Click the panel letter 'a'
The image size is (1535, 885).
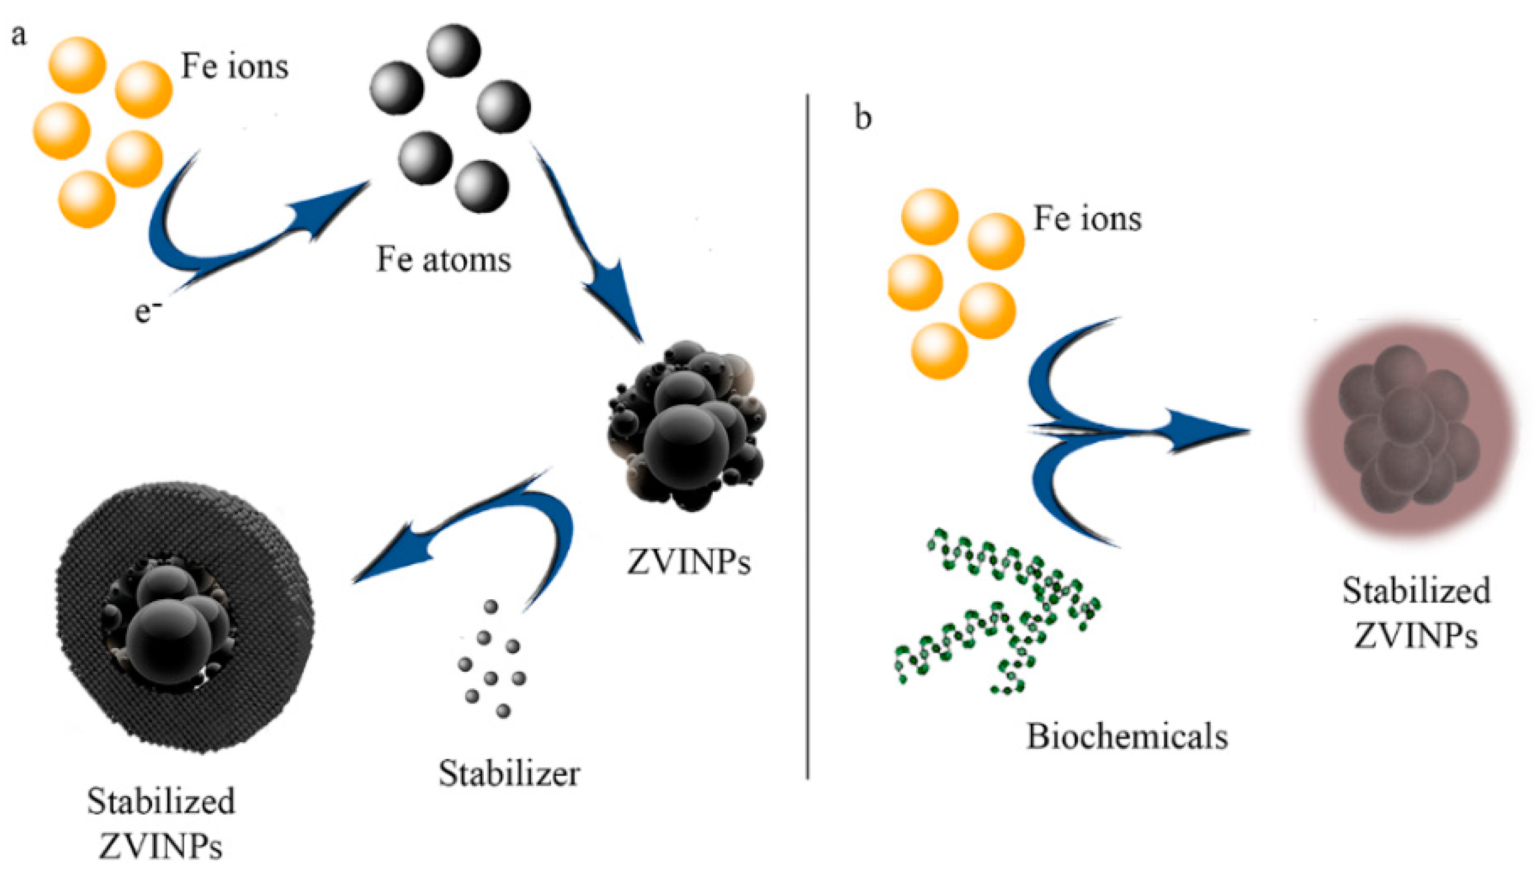[19, 35]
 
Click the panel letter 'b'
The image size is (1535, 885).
[862, 118]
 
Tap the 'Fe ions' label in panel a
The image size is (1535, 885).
[234, 66]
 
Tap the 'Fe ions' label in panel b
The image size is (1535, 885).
[1087, 219]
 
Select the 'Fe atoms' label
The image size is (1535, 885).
[444, 259]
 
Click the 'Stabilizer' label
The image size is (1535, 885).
[509, 773]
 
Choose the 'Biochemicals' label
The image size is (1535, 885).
[1127, 737]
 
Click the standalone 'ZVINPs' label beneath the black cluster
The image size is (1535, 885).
[689, 562]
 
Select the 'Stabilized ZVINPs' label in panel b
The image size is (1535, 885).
[1416, 612]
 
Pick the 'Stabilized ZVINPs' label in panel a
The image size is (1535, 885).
[161, 823]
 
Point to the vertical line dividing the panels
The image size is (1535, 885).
[807, 433]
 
